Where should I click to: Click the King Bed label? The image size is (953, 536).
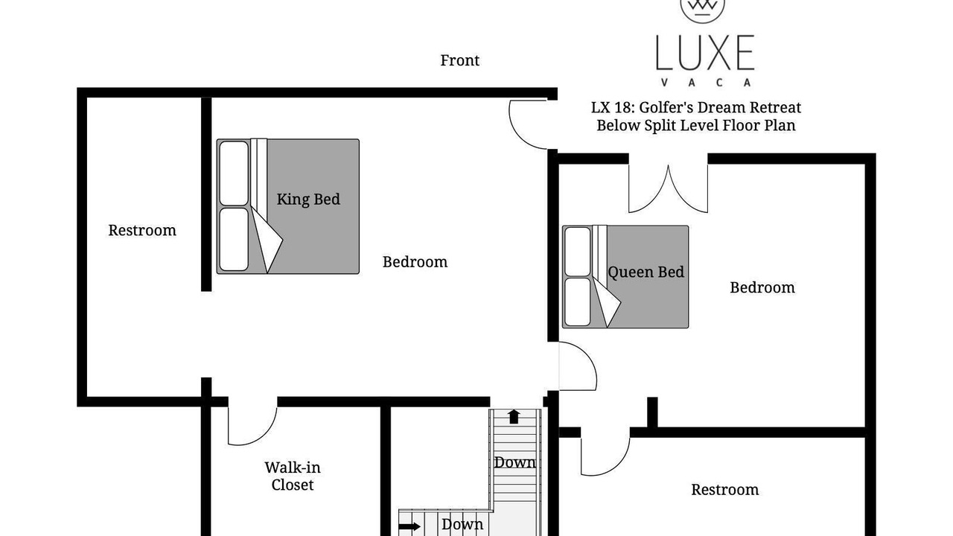pyautogui.click(x=308, y=199)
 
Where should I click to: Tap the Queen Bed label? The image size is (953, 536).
pyautogui.click(x=646, y=272)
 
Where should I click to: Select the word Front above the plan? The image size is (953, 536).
pyautogui.click(x=459, y=60)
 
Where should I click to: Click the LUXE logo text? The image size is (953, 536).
pyautogui.click(x=705, y=52)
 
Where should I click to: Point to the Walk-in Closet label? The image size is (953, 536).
pyautogui.click(x=293, y=476)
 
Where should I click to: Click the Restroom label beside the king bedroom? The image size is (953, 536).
pyautogui.click(x=142, y=230)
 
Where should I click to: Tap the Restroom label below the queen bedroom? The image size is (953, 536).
pyautogui.click(x=725, y=490)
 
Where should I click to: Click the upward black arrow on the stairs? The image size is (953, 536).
pyautogui.click(x=514, y=416)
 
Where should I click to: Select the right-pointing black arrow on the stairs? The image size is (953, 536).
pyautogui.click(x=409, y=526)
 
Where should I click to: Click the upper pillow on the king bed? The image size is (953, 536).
pyautogui.click(x=234, y=173)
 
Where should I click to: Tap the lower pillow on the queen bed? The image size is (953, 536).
pyautogui.click(x=577, y=302)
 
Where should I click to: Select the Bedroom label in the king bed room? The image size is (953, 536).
pyautogui.click(x=415, y=262)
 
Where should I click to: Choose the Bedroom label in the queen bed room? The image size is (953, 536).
pyautogui.click(x=762, y=287)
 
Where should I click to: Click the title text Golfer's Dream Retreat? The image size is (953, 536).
pyautogui.click(x=720, y=108)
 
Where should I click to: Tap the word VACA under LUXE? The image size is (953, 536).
pyautogui.click(x=705, y=83)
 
